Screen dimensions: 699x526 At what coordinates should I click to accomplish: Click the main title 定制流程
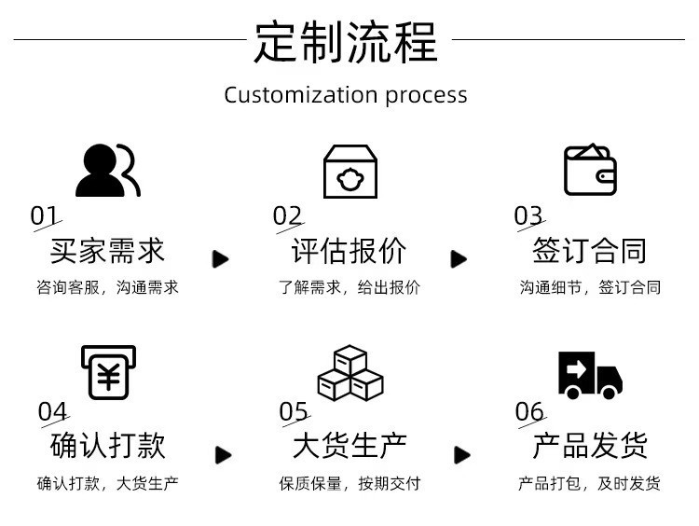(346, 42)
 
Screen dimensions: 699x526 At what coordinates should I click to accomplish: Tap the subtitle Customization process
(346, 95)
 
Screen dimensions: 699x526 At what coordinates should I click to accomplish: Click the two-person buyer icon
(107, 171)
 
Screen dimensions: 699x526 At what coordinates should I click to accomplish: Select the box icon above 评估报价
(349, 172)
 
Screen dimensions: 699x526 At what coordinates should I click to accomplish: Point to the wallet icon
(590, 170)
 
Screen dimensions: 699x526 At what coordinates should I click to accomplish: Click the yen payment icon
(108, 373)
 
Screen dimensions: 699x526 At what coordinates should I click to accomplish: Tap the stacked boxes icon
(349, 373)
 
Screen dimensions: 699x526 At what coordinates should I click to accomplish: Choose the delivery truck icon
(590, 375)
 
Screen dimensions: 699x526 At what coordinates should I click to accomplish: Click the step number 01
(44, 216)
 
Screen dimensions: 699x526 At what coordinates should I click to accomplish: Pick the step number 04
(53, 411)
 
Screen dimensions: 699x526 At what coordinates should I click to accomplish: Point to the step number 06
(529, 411)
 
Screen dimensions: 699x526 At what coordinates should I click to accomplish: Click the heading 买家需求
(107, 251)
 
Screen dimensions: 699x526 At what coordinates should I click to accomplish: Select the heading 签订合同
(589, 251)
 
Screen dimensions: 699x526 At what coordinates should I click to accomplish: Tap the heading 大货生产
(349, 446)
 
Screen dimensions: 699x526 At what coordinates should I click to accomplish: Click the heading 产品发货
(589, 446)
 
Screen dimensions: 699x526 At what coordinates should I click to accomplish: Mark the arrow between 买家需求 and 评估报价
(221, 259)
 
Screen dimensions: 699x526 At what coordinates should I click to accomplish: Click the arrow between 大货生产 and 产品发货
(462, 455)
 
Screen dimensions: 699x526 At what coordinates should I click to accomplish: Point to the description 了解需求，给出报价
(349, 288)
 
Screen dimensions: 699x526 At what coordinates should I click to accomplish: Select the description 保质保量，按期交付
(349, 484)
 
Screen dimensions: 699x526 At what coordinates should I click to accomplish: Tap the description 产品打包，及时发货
(589, 484)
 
